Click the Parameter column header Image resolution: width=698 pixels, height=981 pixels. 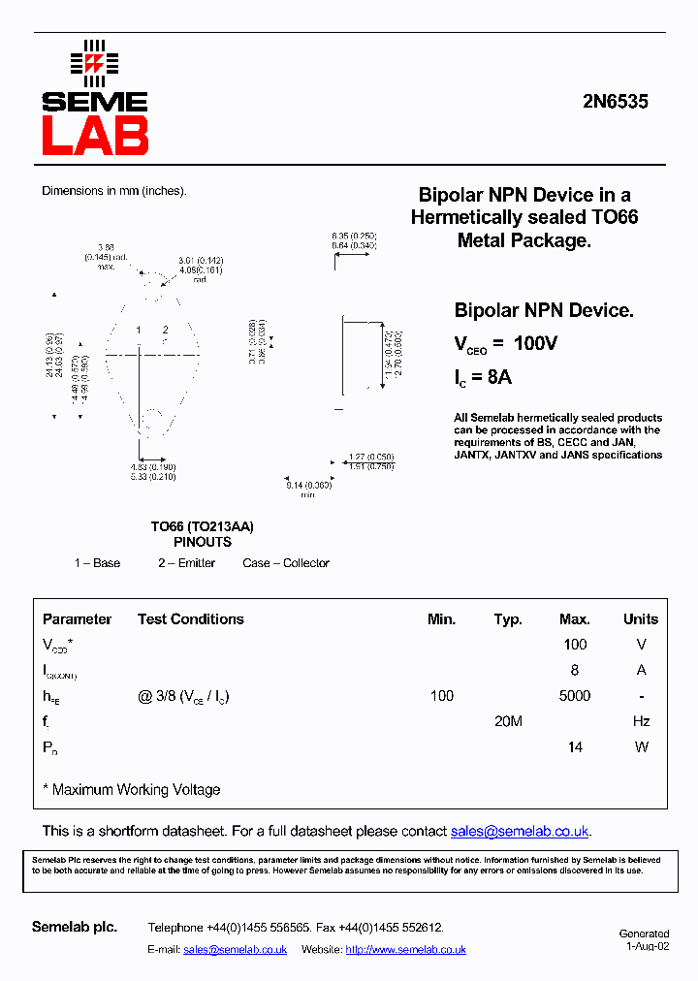pyautogui.click(x=77, y=619)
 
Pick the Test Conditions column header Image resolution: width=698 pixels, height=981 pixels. pyautogui.click(x=190, y=619)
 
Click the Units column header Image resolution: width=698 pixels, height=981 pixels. pyautogui.click(x=640, y=619)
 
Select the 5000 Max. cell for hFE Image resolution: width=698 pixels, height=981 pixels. pyautogui.click(x=574, y=696)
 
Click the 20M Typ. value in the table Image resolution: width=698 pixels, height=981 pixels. pyautogui.click(x=508, y=721)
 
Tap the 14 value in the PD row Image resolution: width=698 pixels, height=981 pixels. pyautogui.click(x=575, y=747)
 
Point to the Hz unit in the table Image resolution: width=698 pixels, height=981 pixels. pyautogui.click(x=640, y=721)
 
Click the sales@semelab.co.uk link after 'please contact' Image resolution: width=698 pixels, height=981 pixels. pyautogui.click(x=520, y=832)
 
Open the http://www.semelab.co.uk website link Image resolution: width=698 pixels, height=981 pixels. pyautogui.click(x=405, y=950)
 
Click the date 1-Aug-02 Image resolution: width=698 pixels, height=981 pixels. pyautogui.click(x=647, y=946)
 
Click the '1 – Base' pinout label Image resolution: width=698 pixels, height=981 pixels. pyautogui.click(x=97, y=563)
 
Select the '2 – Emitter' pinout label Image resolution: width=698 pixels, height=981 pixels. pyautogui.click(x=186, y=563)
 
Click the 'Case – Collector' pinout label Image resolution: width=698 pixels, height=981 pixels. pyautogui.click(x=286, y=563)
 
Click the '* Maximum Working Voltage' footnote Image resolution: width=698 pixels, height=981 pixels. pyautogui.click(x=132, y=790)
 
